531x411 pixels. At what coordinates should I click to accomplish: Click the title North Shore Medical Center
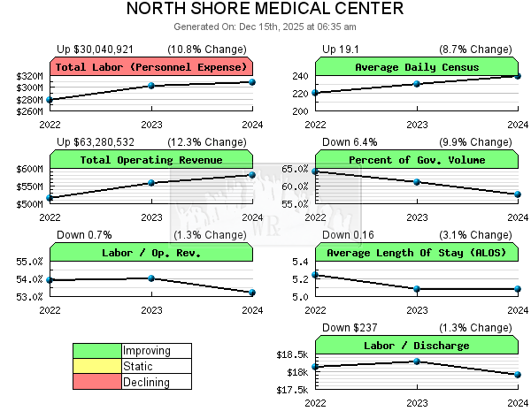(265, 10)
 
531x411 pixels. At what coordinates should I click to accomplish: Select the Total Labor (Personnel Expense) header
(151, 67)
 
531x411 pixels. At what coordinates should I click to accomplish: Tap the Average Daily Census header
(416, 67)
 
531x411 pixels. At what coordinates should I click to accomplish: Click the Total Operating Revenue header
(151, 160)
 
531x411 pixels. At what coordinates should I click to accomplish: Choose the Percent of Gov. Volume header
(416, 160)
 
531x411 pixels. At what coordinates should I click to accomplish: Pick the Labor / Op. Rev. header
(151, 253)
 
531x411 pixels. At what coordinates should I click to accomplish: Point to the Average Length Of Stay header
(416, 253)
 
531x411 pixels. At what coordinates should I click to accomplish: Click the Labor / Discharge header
(416, 346)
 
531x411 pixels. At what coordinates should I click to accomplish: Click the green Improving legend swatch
(97, 351)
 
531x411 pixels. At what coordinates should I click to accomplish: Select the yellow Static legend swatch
(97, 366)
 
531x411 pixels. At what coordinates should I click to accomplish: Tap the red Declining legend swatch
(97, 382)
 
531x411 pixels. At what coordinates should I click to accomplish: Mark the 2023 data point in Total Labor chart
(151, 86)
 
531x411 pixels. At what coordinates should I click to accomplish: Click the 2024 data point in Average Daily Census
(518, 76)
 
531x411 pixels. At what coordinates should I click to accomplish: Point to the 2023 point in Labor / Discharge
(416, 361)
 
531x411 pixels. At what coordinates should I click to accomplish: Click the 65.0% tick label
(295, 169)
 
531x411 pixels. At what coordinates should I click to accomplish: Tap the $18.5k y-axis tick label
(292, 354)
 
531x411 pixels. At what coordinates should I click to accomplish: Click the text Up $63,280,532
(96, 141)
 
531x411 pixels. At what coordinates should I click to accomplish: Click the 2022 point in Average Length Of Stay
(315, 275)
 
